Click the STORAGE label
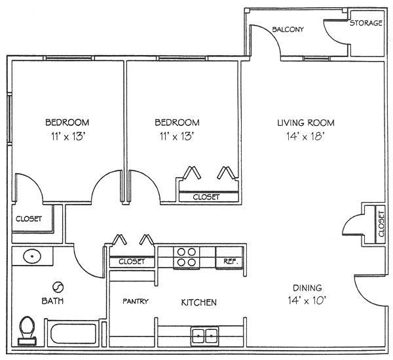(365, 23)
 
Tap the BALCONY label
(288, 28)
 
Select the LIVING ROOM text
(305, 123)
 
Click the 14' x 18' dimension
(305, 136)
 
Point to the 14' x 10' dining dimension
(306, 301)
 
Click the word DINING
(306, 288)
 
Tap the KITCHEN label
(198, 302)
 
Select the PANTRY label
(136, 302)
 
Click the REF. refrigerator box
(230, 261)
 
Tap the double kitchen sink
(205, 336)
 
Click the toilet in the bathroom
(28, 329)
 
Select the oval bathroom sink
(30, 256)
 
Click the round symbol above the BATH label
(57, 287)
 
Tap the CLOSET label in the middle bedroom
(206, 197)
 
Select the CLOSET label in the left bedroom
(28, 219)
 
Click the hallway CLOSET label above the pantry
(132, 262)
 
